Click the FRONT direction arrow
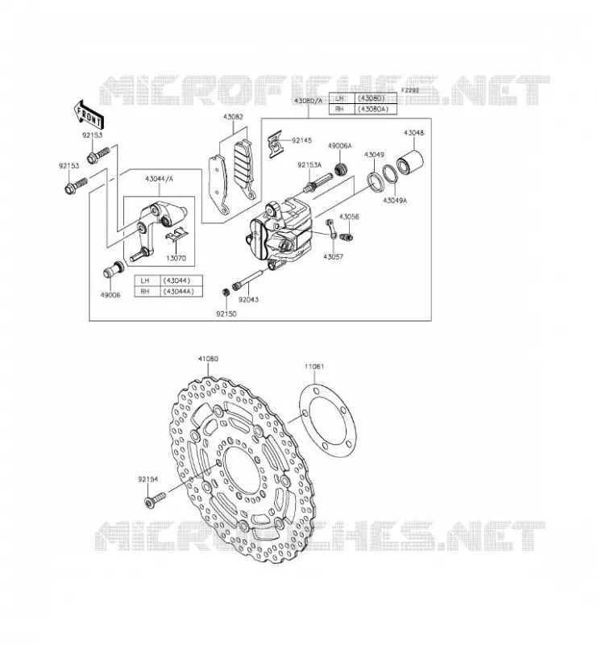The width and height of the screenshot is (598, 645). click(x=89, y=114)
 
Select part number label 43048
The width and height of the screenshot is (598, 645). click(x=413, y=133)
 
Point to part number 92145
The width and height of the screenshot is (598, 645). click(x=302, y=140)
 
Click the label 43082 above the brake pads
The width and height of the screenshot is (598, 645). click(x=233, y=117)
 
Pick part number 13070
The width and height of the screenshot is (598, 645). click(x=176, y=258)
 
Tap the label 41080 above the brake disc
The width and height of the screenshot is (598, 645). click(x=208, y=359)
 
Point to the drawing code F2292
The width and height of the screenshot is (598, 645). click(x=409, y=89)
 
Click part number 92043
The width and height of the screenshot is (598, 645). click(x=248, y=299)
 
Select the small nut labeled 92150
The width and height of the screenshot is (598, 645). click(x=226, y=292)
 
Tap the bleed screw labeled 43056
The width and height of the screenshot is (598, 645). click(x=347, y=237)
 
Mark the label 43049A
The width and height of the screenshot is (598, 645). click(x=394, y=200)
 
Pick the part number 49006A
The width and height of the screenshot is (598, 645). click(x=340, y=146)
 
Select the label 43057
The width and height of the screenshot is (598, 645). click(x=333, y=256)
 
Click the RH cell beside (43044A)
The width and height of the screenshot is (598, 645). click(x=145, y=292)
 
